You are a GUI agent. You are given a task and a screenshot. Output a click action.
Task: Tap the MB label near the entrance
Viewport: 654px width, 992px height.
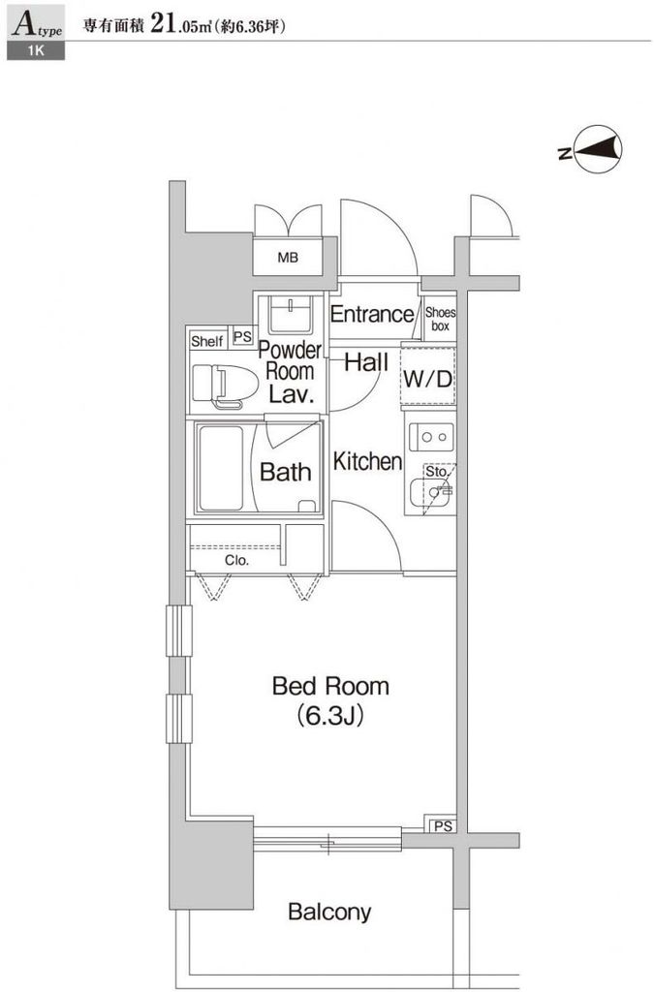tap(288, 258)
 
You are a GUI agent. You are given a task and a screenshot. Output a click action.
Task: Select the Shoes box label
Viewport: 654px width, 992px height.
tap(440, 320)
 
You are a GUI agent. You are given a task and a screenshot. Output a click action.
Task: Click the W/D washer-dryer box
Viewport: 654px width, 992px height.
tap(427, 379)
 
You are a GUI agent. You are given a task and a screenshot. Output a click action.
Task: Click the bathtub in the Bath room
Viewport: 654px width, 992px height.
tap(222, 470)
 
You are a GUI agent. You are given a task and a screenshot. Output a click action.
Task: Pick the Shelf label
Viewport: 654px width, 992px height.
tap(206, 341)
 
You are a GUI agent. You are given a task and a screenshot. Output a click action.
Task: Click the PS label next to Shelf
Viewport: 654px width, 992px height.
tap(242, 340)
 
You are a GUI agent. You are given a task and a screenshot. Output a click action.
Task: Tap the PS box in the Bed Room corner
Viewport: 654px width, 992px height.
tap(442, 825)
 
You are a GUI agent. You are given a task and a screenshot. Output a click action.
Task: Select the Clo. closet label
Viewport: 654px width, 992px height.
tap(236, 560)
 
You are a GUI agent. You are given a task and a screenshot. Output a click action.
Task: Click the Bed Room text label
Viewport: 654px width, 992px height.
tap(329, 686)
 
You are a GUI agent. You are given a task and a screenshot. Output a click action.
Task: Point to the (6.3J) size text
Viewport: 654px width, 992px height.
tap(329, 717)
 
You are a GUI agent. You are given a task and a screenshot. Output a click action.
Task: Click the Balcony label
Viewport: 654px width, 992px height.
tap(328, 912)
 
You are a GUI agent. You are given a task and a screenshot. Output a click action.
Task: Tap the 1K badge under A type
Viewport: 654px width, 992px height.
tap(36, 52)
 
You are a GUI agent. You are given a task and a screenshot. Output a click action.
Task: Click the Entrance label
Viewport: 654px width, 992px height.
tap(371, 314)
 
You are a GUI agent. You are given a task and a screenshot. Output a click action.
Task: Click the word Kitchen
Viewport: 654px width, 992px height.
tap(366, 462)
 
